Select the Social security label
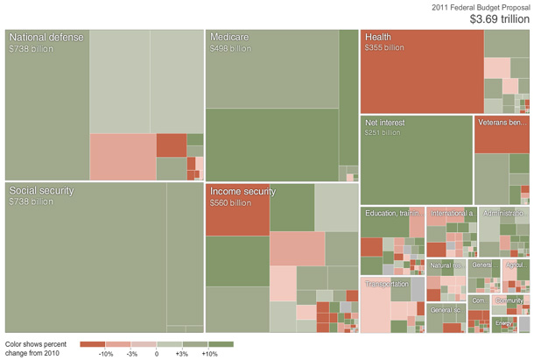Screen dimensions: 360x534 [x=41, y=190]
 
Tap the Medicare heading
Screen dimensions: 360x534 [x=229, y=38]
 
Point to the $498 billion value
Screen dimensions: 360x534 [x=230, y=49]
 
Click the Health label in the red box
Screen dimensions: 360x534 [x=378, y=37]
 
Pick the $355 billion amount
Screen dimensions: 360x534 [x=384, y=47]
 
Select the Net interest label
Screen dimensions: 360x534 [x=388, y=123]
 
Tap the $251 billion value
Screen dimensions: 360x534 [x=383, y=133]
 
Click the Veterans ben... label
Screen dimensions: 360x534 [x=502, y=123]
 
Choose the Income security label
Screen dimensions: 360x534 [x=242, y=192]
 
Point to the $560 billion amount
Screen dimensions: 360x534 [x=230, y=203]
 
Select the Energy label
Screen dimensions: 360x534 [x=503, y=324]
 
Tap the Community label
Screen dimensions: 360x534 [x=509, y=300]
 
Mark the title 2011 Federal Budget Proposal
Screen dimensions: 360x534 [x=481, y=6]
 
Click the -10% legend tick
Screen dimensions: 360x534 [x=106, y=354]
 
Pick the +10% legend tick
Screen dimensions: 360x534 [x=209, y=354]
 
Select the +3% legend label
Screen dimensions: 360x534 [x=182, y=354]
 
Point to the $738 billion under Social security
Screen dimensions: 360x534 [x=31, y=202]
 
